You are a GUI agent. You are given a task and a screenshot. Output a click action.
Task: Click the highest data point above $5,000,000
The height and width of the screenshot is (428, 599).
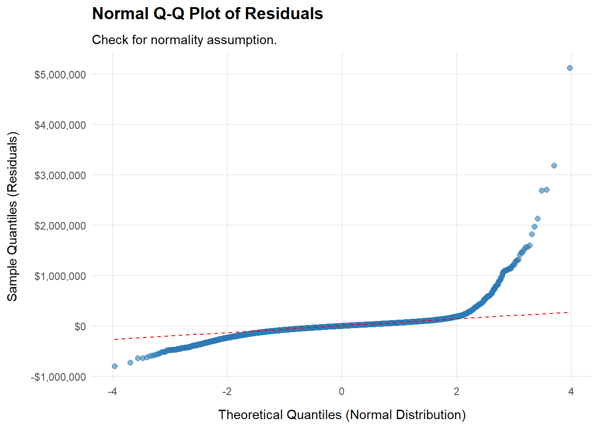(x=570, y=68)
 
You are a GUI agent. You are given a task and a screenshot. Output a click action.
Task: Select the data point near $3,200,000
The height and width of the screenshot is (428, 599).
(x=554, y=166)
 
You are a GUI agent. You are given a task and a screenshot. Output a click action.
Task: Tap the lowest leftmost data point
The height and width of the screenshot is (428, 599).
(x=115, y=366)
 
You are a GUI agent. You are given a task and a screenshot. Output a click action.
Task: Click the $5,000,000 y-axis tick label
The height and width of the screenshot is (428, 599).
(x=60, y=74)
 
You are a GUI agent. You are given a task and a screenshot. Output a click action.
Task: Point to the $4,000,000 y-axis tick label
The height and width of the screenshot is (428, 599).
(x=60, y=125)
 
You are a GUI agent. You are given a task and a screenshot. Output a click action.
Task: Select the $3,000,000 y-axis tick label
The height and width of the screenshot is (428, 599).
(x=60, y=175)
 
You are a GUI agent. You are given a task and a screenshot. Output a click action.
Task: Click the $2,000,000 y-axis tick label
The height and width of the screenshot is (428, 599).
(x=60, y=226)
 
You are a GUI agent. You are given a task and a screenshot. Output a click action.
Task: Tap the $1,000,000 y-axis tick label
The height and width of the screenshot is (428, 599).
(x=60, y=276)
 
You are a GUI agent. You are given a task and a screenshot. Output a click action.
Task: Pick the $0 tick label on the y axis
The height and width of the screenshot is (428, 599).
(x=80, y=327)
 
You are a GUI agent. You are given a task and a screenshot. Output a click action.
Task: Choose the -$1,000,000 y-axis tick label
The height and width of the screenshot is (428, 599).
(x=58, y=377)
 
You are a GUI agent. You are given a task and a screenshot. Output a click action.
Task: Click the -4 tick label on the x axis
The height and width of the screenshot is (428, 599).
(x=112, y=391)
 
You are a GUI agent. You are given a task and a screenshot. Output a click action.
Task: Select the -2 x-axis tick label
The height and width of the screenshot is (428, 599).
(x=227, y=391)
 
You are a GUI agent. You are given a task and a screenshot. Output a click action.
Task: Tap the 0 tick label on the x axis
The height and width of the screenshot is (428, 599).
(x=342, y=391)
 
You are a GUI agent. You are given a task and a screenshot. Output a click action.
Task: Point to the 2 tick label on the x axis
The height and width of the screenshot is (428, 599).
(x=456, y=391)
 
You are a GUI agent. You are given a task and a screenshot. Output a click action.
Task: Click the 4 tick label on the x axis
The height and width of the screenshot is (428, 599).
(x=571, y=391)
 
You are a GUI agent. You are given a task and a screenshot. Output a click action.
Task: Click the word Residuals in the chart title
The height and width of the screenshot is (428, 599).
(x=283, y=14)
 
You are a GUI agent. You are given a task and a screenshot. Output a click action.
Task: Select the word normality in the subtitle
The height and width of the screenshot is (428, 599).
(x=177, y=40)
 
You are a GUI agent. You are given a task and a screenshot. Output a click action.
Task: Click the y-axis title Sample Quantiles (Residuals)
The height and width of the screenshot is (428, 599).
(x=12, y=216)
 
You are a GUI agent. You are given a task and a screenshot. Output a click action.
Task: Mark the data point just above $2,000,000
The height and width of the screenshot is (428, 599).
(x=537, y=218)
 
